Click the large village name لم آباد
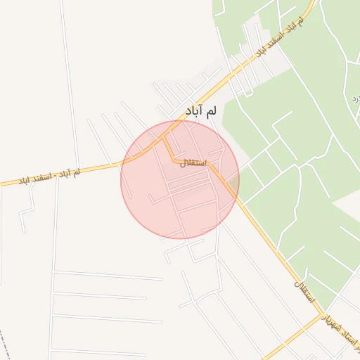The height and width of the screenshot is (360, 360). (x=201, y=110)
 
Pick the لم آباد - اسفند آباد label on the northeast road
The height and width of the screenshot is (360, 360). (x=281, y=36)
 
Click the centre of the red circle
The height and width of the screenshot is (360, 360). (x=180, y=180)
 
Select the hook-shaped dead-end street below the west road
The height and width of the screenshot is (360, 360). (x=27, y=211)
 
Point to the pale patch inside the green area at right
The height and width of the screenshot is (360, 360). (x=348, y=204)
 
